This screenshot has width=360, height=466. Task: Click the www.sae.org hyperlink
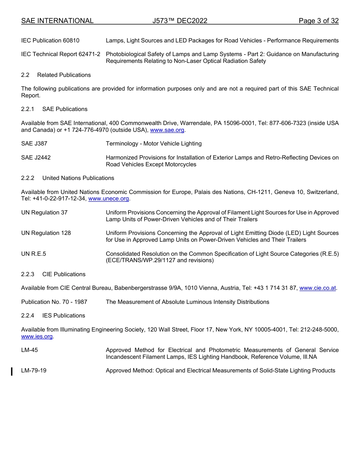click(167, 130)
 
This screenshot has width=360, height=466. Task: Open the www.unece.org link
click(109, 199)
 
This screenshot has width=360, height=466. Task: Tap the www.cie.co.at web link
click(318, 288)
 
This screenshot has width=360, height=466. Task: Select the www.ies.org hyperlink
click(37, 336)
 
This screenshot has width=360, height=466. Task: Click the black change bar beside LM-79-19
click(12, 371)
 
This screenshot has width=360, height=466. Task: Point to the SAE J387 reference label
click(34, 144)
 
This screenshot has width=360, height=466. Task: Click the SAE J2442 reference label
click(36, 158)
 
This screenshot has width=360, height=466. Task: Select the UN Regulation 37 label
click(44, 213)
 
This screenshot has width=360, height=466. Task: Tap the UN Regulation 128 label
click(46, 233)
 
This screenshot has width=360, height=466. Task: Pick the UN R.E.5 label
click(33, 254)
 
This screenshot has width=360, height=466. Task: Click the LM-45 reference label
click(30, 350)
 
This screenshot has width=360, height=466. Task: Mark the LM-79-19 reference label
click(34, 371)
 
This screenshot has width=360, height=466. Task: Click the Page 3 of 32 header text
click(318, 21)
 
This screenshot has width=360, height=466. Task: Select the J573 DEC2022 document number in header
click(180, 21)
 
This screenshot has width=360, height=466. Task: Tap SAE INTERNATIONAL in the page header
click(57, 21)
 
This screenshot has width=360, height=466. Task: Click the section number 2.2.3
click(28, 274)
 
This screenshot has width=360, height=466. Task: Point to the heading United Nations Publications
click(78, 178)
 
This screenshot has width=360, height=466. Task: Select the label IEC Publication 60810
click(50, 41)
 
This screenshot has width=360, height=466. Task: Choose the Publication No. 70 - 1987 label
click(54, 302)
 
